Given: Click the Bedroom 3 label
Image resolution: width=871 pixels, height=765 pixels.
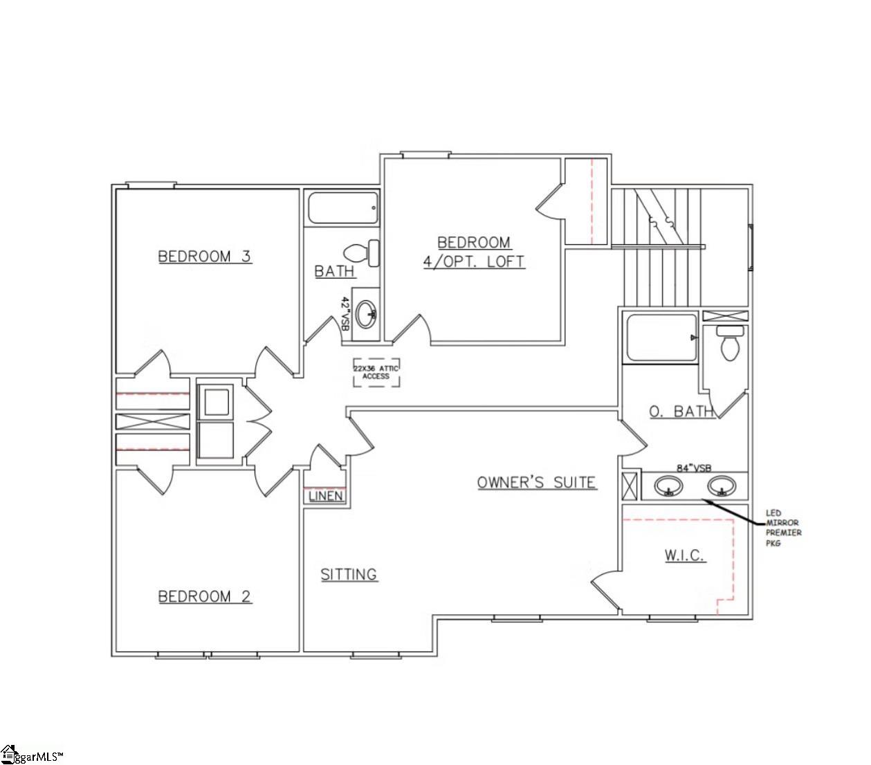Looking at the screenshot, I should (205, 257).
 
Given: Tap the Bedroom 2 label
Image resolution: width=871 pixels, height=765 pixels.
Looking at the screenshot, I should (205, 596).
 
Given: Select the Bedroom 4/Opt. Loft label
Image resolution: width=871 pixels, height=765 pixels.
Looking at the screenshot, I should (474, 252).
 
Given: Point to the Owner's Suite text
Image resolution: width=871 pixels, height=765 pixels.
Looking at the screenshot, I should (536, 482).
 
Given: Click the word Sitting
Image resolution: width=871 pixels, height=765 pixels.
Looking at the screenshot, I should (349, 574).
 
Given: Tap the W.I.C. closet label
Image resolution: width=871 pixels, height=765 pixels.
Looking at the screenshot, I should (684, 555).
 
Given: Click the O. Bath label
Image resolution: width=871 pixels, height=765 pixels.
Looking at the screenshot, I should (681, 412).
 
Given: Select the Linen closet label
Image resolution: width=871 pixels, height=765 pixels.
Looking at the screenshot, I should (325, 496).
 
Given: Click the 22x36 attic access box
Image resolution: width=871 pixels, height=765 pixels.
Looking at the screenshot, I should (376, 372).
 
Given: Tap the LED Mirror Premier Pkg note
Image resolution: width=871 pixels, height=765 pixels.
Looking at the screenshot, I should (783, 528).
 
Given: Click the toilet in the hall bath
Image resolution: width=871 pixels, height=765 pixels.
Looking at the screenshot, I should (363, 252).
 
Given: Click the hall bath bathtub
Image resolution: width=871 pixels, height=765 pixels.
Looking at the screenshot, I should (343, 208).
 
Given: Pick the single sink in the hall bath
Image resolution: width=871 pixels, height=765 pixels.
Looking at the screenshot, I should (365, 313).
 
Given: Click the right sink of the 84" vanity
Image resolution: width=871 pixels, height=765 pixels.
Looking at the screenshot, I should (722, 486).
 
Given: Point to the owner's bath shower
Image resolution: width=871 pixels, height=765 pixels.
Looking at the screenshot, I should (661, 338).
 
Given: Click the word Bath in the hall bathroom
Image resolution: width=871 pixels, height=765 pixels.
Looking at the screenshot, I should (335, 271).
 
